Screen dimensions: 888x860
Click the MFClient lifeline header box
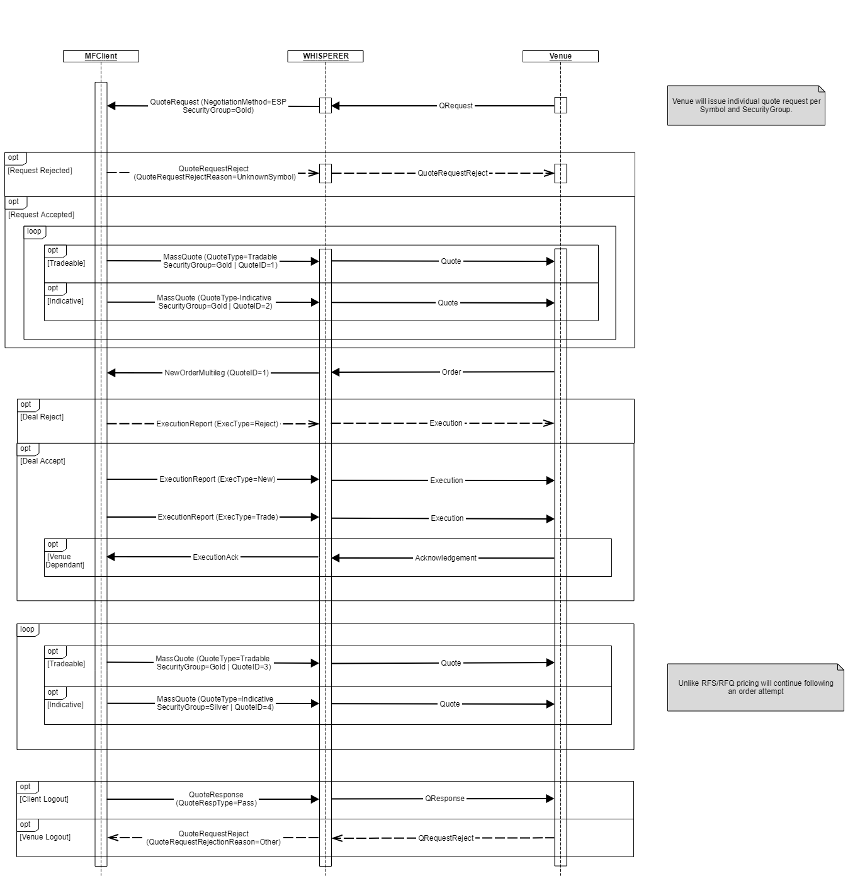click(101, 56)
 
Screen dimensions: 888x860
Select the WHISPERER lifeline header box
click(325, 56)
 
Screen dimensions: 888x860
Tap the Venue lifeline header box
click(560, 56)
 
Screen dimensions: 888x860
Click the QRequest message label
click(456, 106)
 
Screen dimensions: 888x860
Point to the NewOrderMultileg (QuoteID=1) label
click(217, 373)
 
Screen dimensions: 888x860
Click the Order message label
click(451, 372)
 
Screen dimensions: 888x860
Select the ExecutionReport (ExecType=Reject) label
click(217, 424)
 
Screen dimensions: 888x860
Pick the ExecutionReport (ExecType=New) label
click(217, 479)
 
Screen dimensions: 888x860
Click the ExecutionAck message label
click(215, 557)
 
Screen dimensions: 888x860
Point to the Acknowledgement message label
click(446, 558)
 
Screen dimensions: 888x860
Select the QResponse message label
click(444, 799)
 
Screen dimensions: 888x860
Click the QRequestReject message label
click(446, 838)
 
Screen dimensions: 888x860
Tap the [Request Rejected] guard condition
click(40, 171)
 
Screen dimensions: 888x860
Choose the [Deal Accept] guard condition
click(43, 461)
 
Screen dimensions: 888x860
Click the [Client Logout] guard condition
click(44, 799)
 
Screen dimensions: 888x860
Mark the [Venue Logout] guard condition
click(45, 837)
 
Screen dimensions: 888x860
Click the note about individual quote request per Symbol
click(746, 106)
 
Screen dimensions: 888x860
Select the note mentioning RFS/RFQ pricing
click(755, 687)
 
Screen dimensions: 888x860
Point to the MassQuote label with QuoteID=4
click(215, 703)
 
